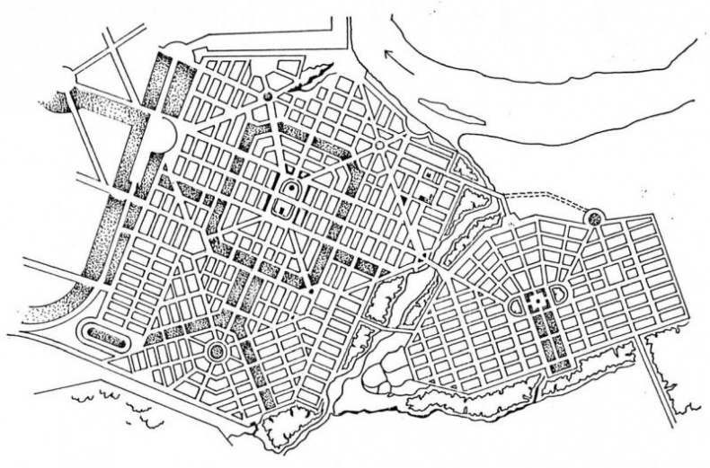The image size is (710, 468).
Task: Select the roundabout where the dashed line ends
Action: [x=592, y=216]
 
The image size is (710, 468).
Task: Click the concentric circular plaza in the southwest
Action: [x=217, y=350]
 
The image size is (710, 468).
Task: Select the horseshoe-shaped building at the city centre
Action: [x=291, y=190]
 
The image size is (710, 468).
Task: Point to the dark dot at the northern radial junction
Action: [x=267, y=95]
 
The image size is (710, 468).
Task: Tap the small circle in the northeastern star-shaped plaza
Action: [x=381, y=144]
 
